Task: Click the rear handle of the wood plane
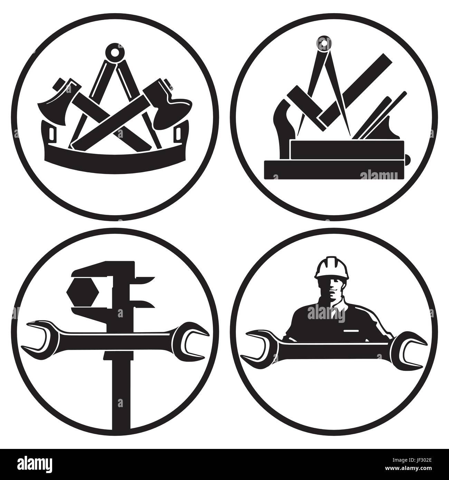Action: (x=281, y=117)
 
